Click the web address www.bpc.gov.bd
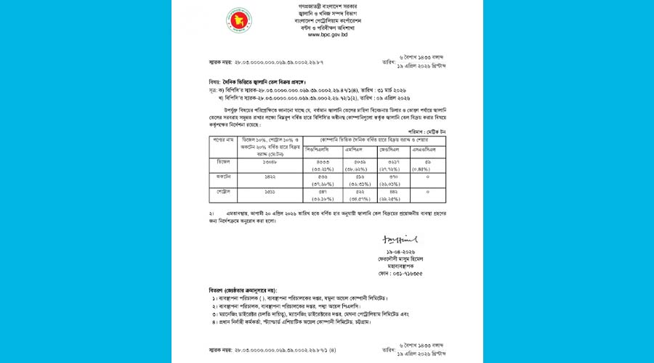(x=327, y=34)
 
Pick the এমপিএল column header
(x=360, y=150)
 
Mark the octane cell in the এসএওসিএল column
(x=427, y=177)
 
